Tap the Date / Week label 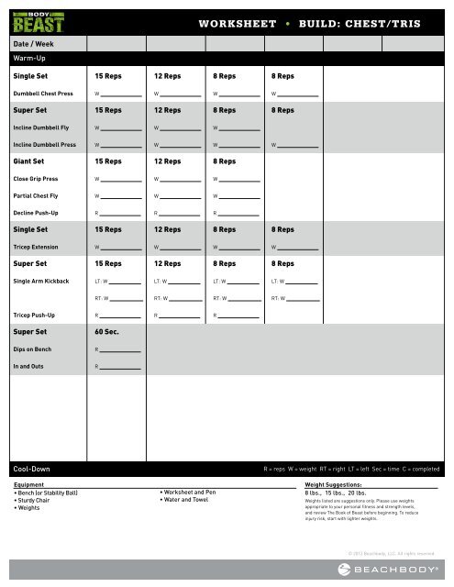point(33,43)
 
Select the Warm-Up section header point(28,58)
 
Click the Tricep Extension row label point(36,246)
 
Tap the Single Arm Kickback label point(40,280)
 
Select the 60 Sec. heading point(108,332)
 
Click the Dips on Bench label point(32,349)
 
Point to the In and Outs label point(28,367)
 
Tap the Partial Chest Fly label point(36,195)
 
